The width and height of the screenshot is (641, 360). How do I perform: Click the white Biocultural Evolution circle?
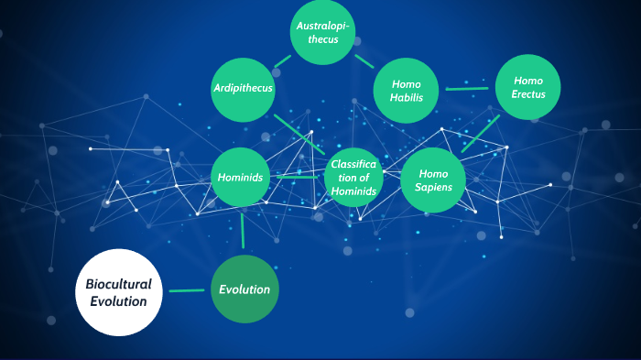point(118,292)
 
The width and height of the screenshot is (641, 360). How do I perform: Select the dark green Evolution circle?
point(244,289)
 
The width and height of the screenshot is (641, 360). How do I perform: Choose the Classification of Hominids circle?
point(353,177)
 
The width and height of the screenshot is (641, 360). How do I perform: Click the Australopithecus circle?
point(322,32)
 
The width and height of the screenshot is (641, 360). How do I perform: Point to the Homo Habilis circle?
point(407,90)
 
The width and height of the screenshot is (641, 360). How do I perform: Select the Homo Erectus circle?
point(528,87)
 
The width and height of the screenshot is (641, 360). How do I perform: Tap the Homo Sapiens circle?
point(433,179)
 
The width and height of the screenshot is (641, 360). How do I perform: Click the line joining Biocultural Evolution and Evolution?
point(187,291)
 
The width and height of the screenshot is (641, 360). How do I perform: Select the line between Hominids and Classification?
point(298,177)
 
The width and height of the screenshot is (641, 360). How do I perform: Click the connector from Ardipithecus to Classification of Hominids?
point(299,134)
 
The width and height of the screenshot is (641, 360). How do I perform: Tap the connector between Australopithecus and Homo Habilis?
point(364,61)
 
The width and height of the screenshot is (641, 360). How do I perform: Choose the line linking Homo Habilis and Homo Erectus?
point(467,89)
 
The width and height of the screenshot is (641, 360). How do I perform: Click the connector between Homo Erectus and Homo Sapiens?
point(481,134)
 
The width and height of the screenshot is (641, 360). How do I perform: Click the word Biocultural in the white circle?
point(118,284)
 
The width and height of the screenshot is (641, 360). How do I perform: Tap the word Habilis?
point(407,97)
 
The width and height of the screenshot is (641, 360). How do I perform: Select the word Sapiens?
point(433,187)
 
